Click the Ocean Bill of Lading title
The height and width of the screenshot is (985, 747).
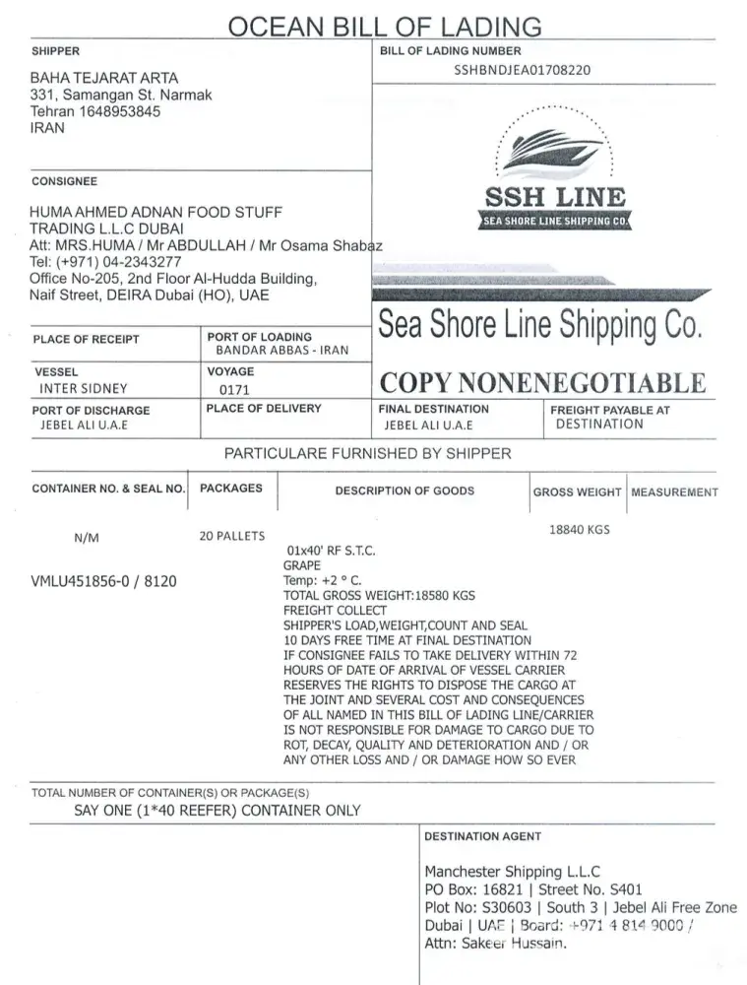pyautogui.click(x=385, y=26)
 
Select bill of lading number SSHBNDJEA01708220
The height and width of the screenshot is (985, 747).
pyautogui.click(x=523, y=70)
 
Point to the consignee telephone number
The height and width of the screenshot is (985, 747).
pyautogui.click(x=106, y=262)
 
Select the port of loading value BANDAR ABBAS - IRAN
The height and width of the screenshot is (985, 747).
pyautogui.click(x=282, y=351)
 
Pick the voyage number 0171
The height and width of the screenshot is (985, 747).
pyautogui.click(x=235, y=390)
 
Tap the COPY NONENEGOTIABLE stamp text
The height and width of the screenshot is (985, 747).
pyautogui.click(x=542, y=383)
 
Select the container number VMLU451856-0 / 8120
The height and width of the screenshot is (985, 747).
pyautogui.click(x=104, y=581)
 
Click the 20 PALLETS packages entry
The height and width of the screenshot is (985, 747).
pyautogui.click(x=232, y=536)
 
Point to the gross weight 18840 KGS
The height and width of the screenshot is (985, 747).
pyautogui.click(x=580, y=530)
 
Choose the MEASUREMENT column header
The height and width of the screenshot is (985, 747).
pyautogui.click(x=674, y=492)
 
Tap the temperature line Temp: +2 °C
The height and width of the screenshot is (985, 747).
pyautogui.click(x=323, y=581)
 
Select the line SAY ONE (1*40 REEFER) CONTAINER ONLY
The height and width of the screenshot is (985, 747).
pyautogui.click(x=218, y=811)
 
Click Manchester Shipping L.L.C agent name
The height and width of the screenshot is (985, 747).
pyautogui.click(x=512, y=872)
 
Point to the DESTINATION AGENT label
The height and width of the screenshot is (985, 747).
pyautogui.click(x=482, y=836)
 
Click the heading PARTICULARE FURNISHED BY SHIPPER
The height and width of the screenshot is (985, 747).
pyautogui.click(x=368, y=454)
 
